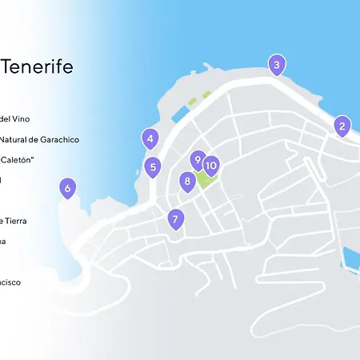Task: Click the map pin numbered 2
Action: coord(342,126)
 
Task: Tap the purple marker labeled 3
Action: coord(276,65)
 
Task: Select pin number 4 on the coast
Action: coord(150,139)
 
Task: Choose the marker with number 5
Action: coord(153,167)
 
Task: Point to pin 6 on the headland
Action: coord(67,189)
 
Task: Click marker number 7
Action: coord(175,218)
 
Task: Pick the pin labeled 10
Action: coord(211,166)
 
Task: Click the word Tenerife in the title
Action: coord(38,66)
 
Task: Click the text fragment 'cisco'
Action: coord(11,282)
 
